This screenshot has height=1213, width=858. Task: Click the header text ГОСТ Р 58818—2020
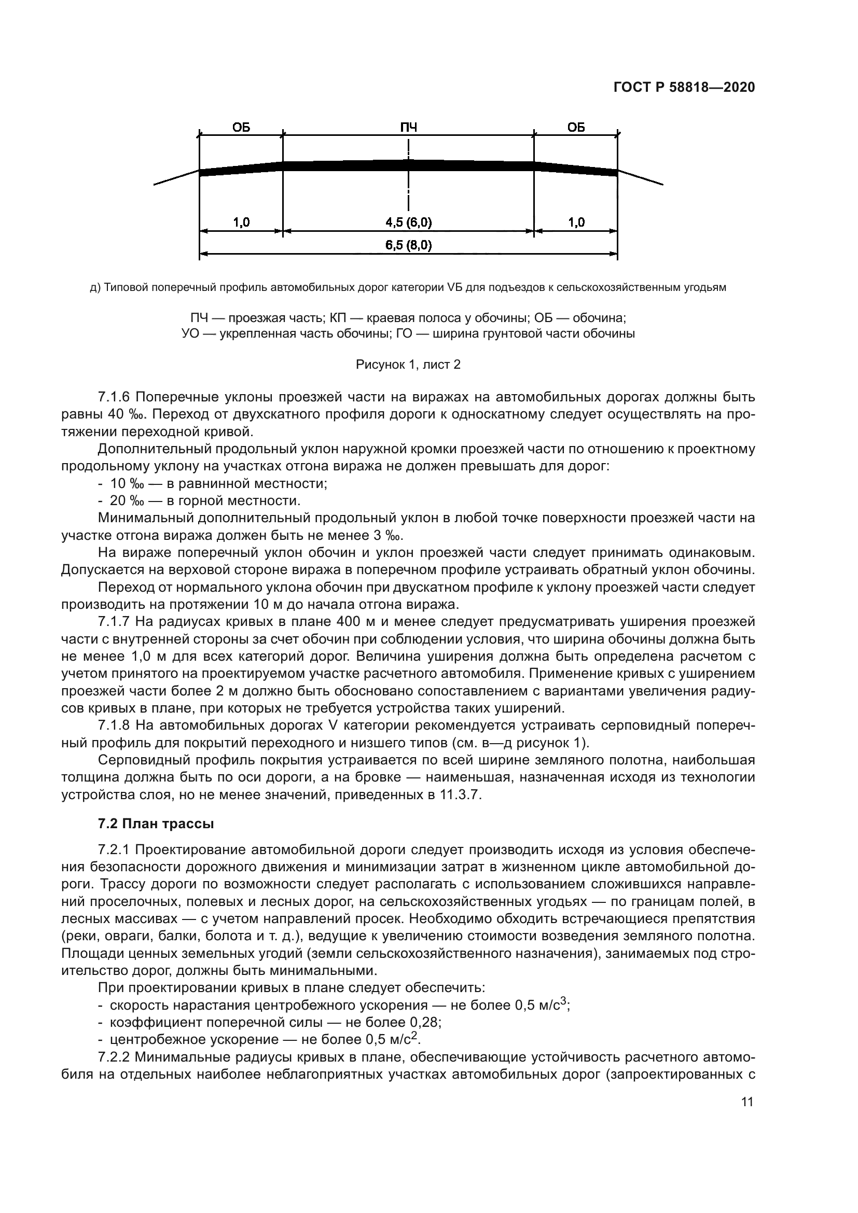click(684, 88)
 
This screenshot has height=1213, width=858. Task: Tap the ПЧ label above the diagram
click(408, 128)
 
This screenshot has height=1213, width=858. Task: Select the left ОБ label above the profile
click(241, 128)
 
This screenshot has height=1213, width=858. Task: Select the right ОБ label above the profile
click(576, 128)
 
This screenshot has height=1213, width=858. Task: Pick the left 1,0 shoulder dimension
click(241, 222)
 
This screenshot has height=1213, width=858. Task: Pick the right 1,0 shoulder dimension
click(576, 222)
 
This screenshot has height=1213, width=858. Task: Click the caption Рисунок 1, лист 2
click(408, 365)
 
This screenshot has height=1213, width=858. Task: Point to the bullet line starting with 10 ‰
click(218, 483)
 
